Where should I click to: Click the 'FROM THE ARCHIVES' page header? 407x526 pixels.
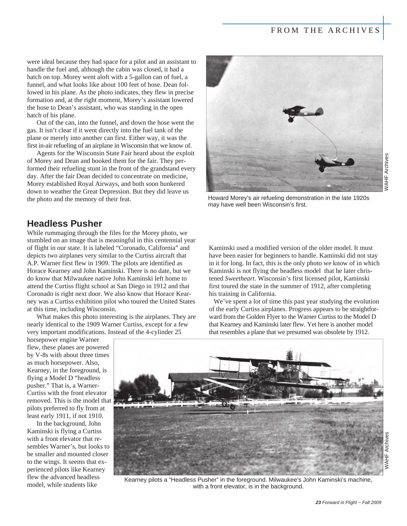(x=325, y=30)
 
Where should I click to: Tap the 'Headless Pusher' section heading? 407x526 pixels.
(x=64, y=223)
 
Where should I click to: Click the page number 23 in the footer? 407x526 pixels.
(x=318, y=503)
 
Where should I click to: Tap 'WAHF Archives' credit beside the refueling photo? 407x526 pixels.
(x=387, y=172)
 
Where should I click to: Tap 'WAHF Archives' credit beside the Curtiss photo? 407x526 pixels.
(x=387, y=450)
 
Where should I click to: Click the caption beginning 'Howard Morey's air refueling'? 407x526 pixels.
(x=288, y=201)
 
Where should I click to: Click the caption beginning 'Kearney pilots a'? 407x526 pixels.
(x=248, y=483)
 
